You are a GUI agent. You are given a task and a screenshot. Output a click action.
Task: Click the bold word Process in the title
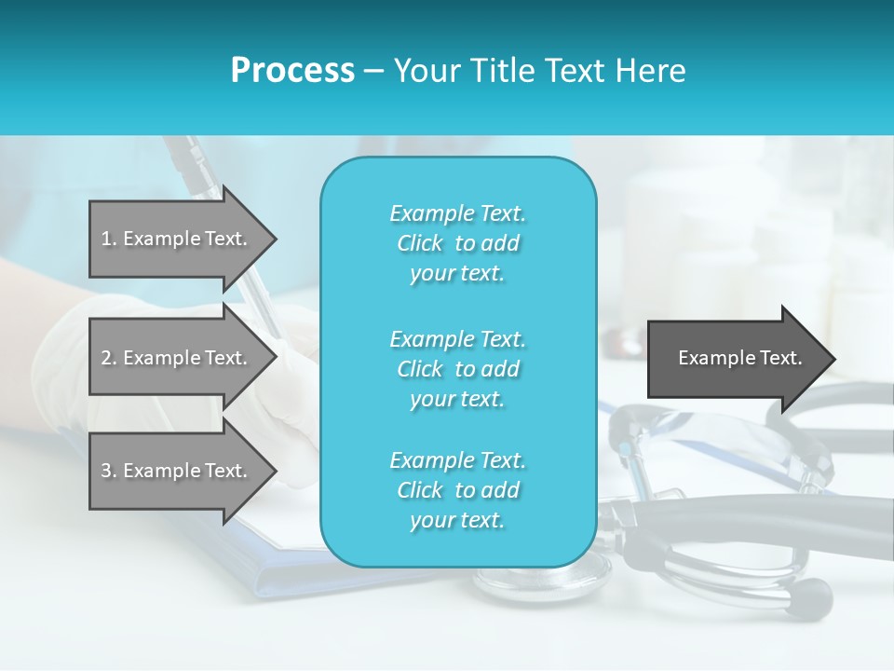[x=292, y=71]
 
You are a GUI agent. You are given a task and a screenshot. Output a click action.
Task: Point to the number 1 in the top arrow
[x=106, y=239]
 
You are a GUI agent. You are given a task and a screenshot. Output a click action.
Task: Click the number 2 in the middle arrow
[x=106, y=358]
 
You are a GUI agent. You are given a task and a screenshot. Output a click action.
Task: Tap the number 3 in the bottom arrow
[x=106, y=471]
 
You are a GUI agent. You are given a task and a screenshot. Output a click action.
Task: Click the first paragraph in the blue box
[x=457, y=243]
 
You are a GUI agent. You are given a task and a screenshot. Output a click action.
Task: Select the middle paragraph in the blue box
[x=457, y=369]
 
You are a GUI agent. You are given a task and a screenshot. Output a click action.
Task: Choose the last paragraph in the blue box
[x=457, y=490]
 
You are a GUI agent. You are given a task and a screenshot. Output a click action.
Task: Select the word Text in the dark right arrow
[x=782, y=358]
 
